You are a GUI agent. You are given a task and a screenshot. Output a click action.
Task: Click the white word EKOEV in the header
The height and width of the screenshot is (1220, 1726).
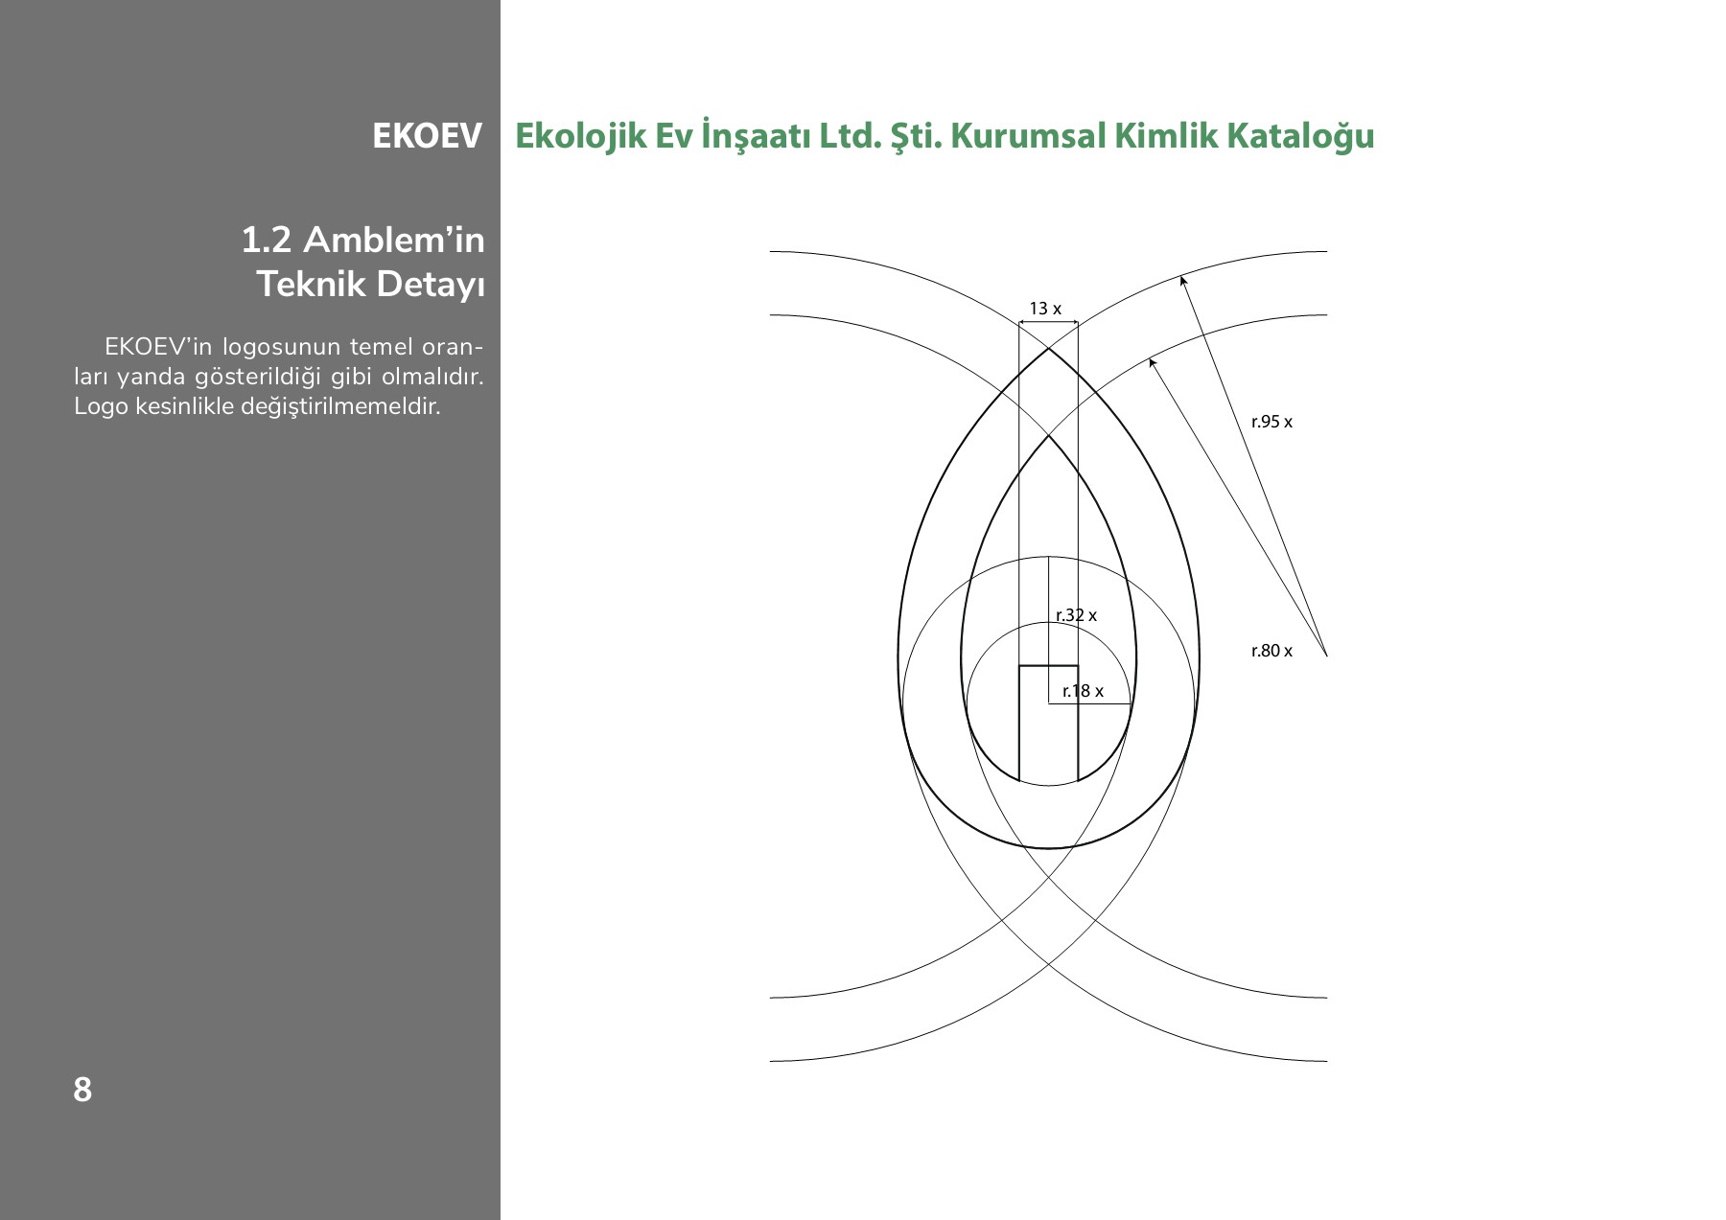427,136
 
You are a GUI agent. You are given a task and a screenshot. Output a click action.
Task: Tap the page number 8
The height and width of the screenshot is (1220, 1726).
82,1090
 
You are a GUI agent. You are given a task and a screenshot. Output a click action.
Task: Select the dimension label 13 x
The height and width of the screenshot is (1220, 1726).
1045,309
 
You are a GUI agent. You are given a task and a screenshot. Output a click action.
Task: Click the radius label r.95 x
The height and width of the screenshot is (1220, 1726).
1271,422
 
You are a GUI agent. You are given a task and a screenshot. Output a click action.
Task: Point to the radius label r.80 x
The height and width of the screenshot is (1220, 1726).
1271,651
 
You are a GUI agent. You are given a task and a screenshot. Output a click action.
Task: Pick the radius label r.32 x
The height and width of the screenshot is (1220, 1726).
1076,615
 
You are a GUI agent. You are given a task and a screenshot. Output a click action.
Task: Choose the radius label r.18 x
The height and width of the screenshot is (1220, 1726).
1083,691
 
